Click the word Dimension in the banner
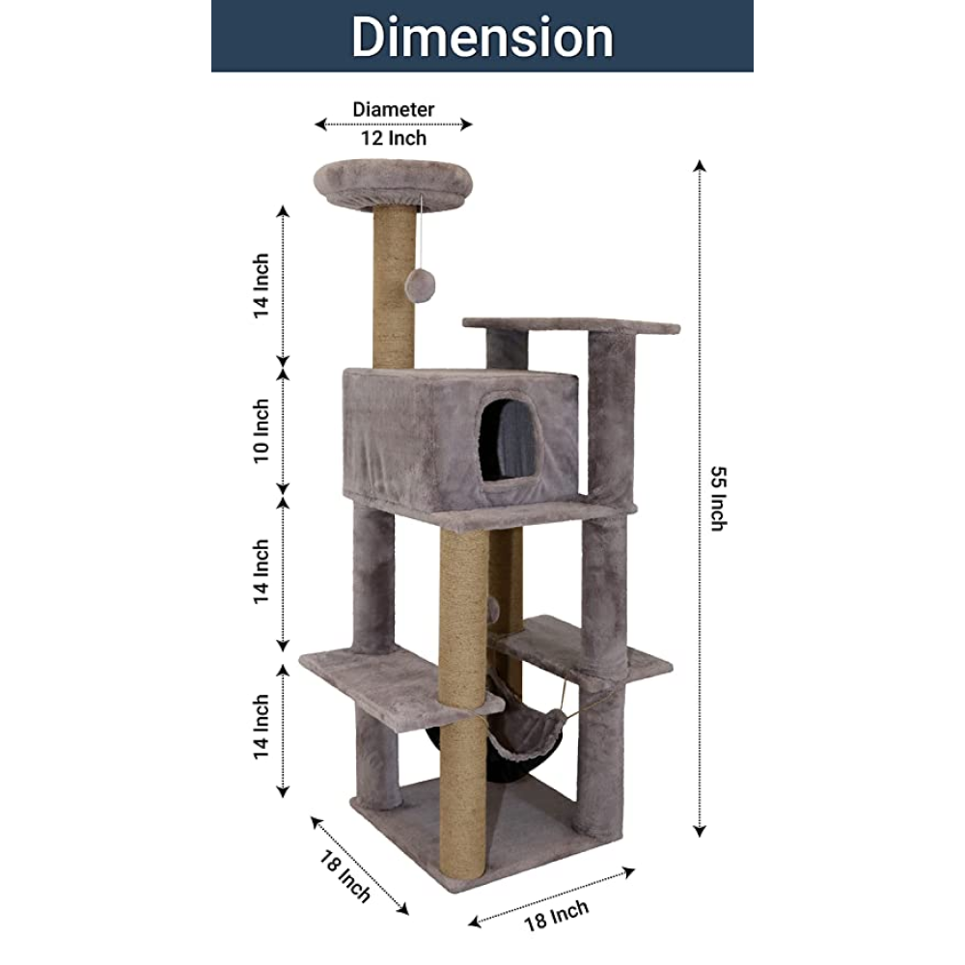tap(482, 37)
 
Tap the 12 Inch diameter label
tap(394, 138)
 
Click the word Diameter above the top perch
tap(394, 110)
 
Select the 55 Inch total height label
tap(718, 499)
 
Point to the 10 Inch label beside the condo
tap(262, 430)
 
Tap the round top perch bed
tap(394, 182)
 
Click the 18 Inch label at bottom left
tap(345, 876)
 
